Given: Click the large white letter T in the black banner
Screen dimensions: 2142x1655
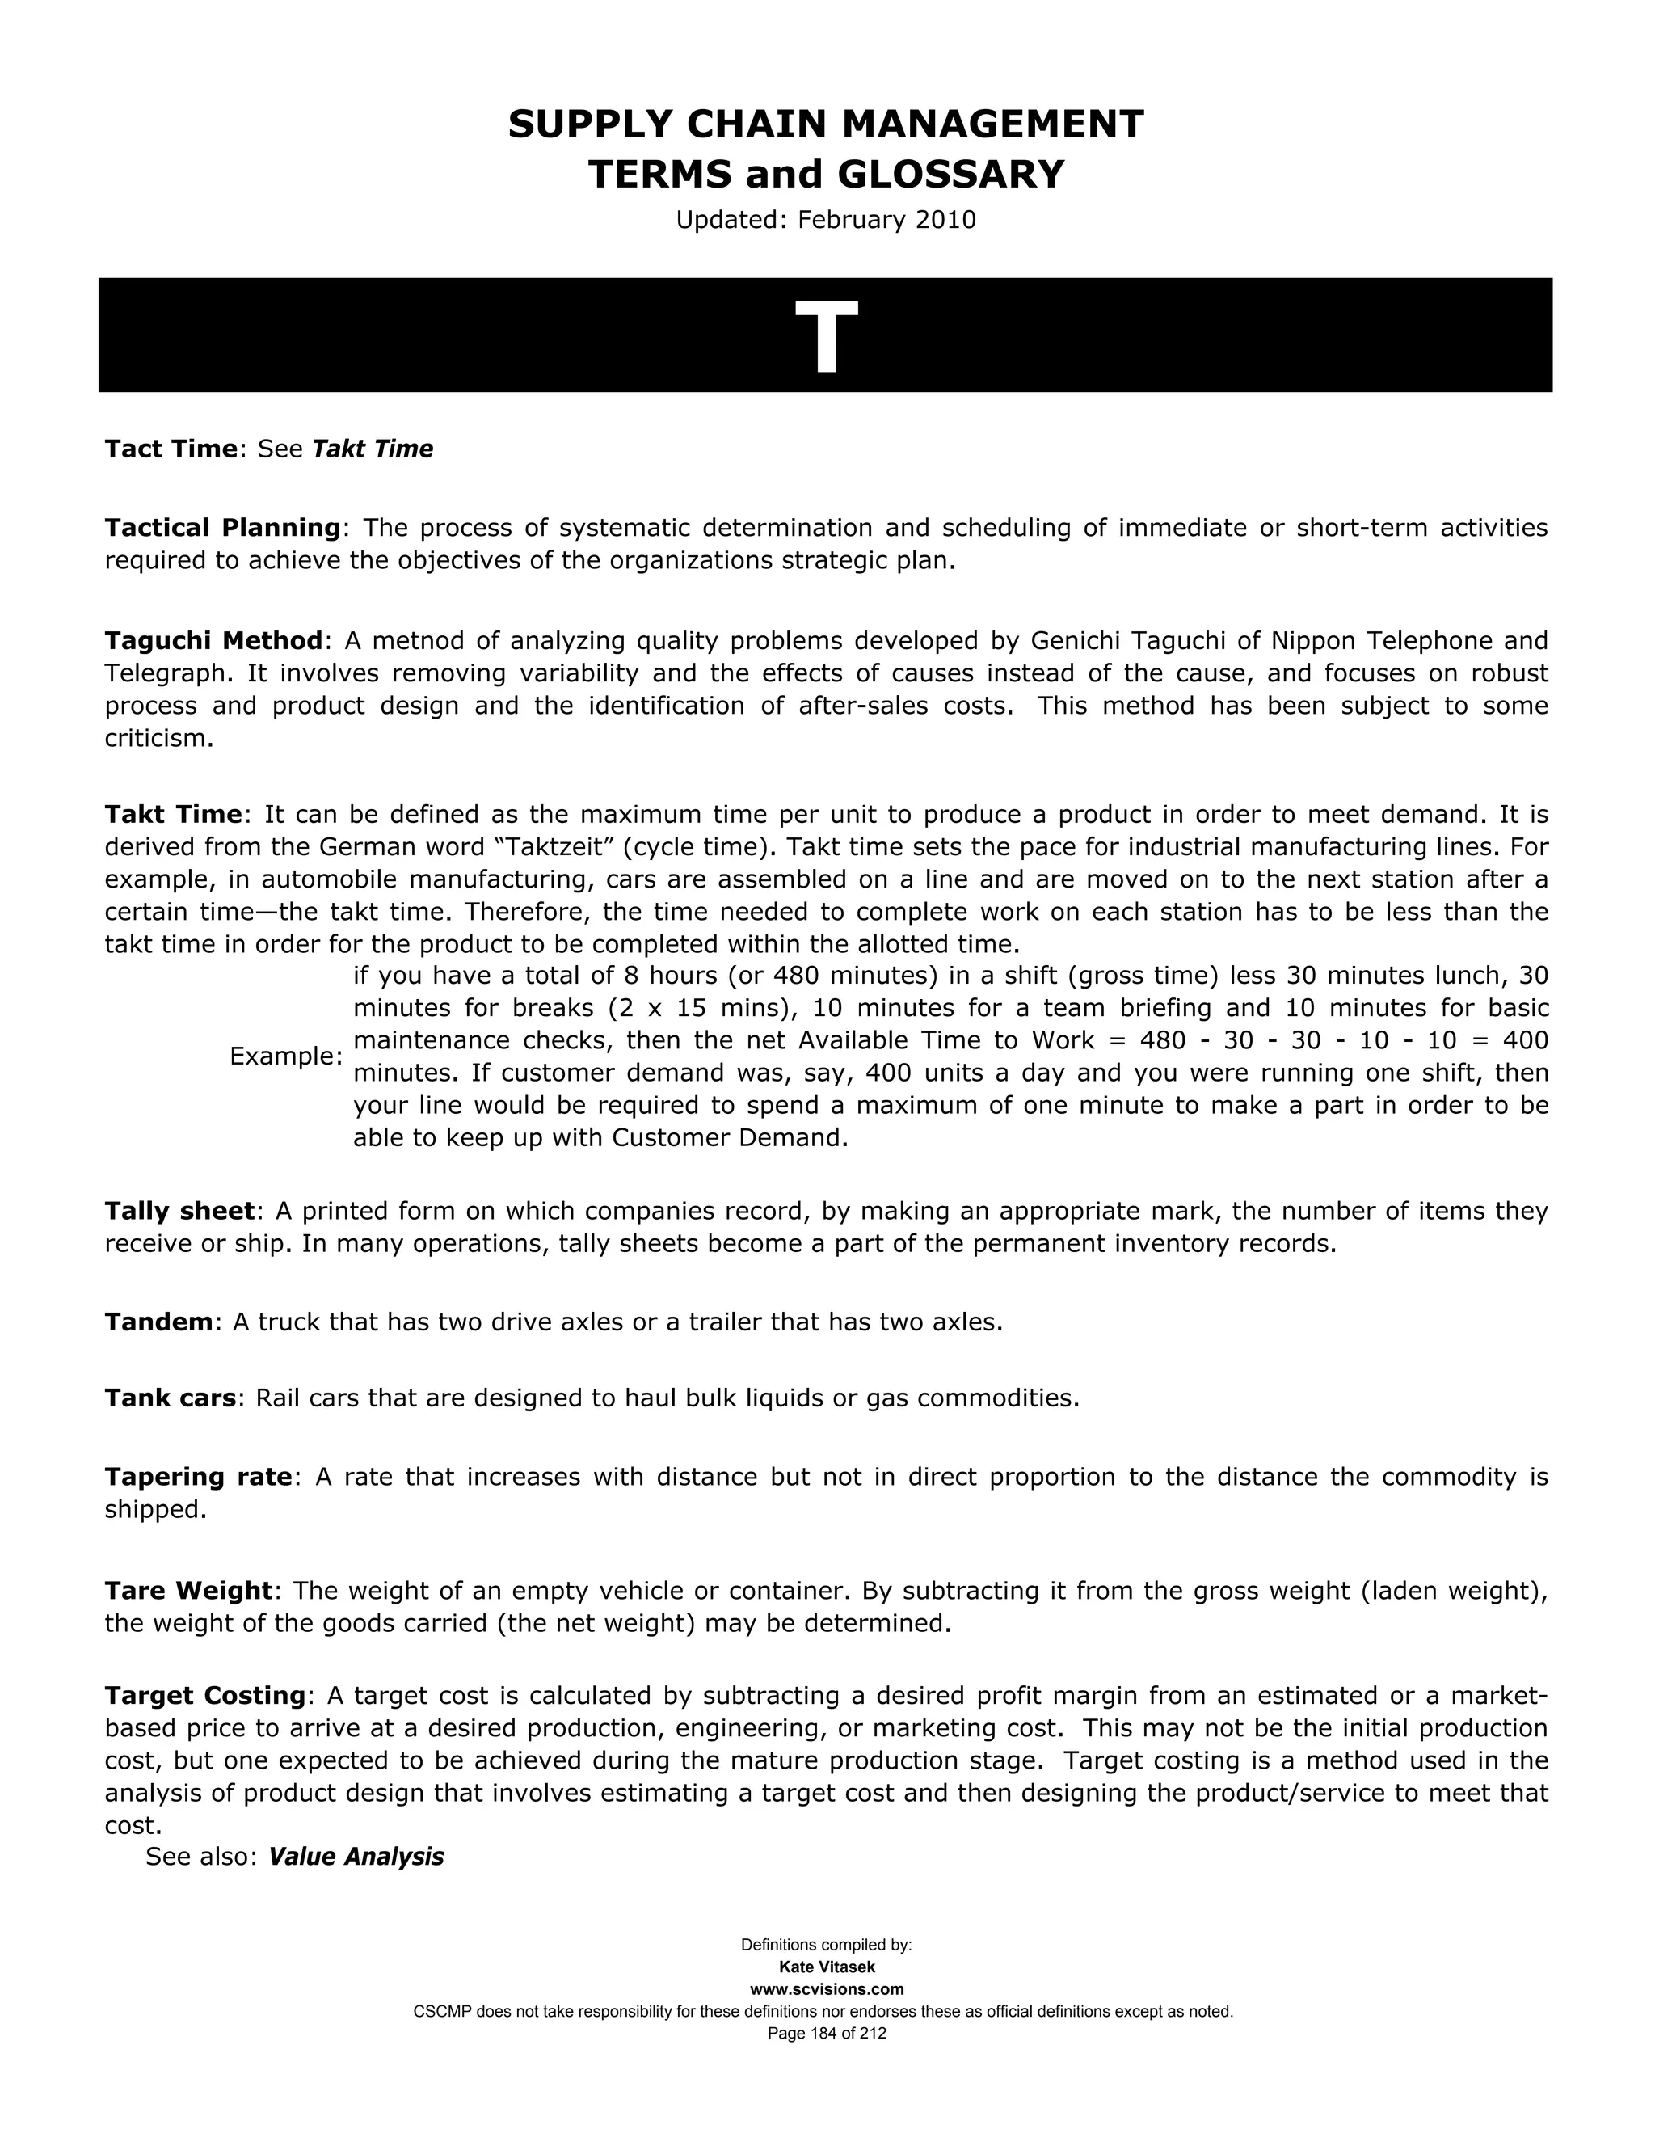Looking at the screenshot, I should tap(826, 336).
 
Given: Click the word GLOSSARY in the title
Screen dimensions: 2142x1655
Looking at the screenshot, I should tap(950, 175).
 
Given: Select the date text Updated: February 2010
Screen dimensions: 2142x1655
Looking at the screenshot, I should tap(826, 220).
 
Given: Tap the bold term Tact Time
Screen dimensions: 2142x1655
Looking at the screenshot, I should tap(171, 449).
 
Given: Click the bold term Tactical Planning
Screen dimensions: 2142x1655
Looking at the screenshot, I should tap(222, 528).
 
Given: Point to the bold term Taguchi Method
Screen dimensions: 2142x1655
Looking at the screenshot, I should tap(213, 640).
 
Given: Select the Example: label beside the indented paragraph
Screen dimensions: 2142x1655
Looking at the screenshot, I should tap(285, 1056).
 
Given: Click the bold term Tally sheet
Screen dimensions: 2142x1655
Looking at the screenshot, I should tap(179, 1212).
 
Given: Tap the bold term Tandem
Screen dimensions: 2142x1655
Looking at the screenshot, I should tap(158, 1322).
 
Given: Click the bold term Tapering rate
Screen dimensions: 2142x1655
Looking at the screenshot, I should tap(198, 1477).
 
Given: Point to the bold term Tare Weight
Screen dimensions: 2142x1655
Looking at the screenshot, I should tap(188, 1590).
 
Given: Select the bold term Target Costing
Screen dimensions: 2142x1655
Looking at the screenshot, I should tap(206, 1696).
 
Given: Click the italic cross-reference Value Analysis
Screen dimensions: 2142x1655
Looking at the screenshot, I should tap(356, 1857).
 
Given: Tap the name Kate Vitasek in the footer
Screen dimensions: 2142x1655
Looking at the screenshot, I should tap(827, 1967).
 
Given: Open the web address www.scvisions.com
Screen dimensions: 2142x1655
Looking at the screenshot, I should tap(827, 1989).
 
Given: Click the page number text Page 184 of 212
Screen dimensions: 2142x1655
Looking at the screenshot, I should tap(827, 2033).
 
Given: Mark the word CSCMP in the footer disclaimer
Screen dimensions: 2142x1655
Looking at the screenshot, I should tap(441, 2012).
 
